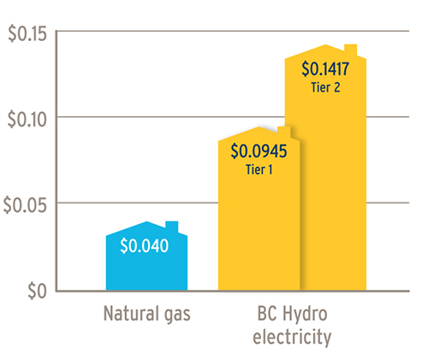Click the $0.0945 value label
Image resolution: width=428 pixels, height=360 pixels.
pyautogui.click(x=259, y=152)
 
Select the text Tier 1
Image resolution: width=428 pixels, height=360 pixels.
pyautogui.click(x=259, y=169)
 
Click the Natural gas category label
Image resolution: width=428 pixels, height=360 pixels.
pyautogui.click(x=146, y=314)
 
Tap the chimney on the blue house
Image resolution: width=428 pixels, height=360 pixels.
pyautogui.click(x=172, y=227)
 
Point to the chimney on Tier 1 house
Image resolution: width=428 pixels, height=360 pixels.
pyautogui.click(x=284, y=131)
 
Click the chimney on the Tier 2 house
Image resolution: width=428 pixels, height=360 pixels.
pyautogui.click(x=350, y=49)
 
